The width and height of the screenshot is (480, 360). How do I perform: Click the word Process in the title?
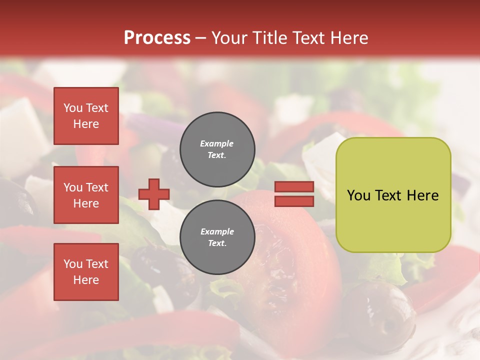tap(157, 38)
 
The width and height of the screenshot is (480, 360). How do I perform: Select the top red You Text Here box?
tap(86, 116)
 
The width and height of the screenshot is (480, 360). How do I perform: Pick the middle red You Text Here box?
tap(86, 195)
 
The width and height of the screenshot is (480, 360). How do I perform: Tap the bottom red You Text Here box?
tap(86, 272)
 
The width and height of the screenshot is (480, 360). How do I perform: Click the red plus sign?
tap(154, 194)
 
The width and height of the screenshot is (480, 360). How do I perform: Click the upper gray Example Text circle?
tap(217, 149)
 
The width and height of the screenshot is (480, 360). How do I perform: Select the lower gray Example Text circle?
tap(217, 237)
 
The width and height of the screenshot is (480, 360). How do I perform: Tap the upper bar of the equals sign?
tap(294, 187)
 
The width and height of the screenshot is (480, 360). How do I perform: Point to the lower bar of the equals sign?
tap(294, 201)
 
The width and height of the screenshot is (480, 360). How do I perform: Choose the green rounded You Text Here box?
tap(393, 195)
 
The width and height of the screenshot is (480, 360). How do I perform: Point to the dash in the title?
tap(201, 38)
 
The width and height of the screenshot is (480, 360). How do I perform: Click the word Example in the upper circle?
tap(216, 143)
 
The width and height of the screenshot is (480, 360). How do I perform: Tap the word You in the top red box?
tap(73, 108)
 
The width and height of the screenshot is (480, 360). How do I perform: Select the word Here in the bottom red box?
tap(86, 280)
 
